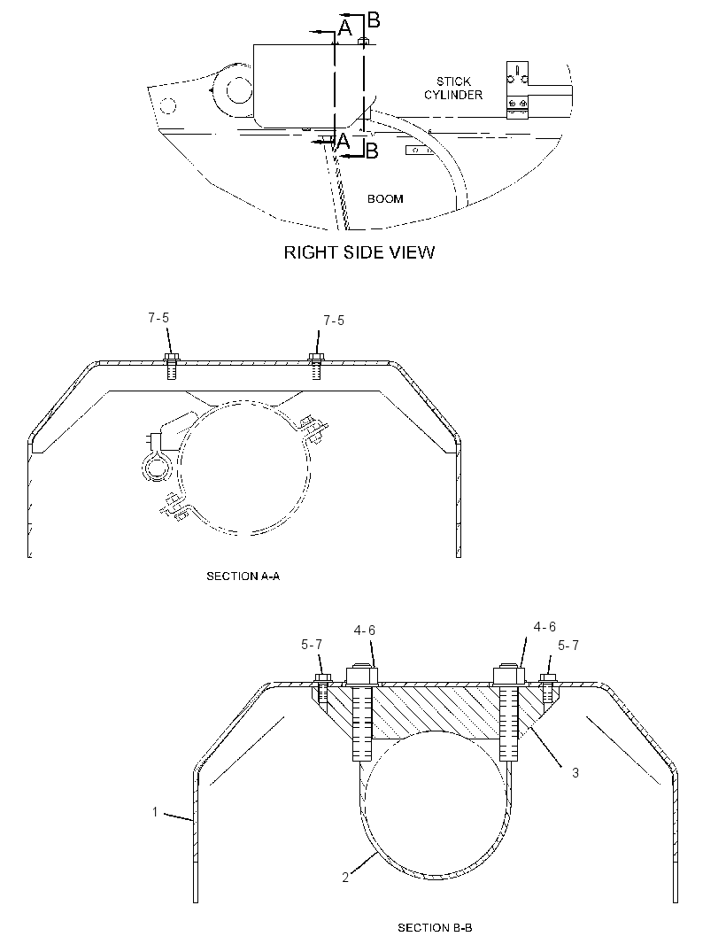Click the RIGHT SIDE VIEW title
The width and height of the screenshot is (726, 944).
pyautogui.click(x=359, y=252)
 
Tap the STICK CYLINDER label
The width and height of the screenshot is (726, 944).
pyautogui.click(x=453, y=88)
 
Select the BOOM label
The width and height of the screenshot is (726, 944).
pyautogui.click(x=385, y=198)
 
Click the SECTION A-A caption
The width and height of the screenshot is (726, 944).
pyautogui.click(x=243, y=576)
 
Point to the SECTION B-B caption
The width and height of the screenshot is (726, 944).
pyautogui.click(x=435, y=928)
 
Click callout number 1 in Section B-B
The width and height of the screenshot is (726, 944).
pyautogui.click(x=155, y=812)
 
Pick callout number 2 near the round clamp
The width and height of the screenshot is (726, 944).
pyautogui.click(x=345, y=878)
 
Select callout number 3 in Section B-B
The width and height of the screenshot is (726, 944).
pyautogui.click(x=575, y=772)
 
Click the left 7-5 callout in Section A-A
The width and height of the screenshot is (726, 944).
pyautogui.click(x=159, y=318)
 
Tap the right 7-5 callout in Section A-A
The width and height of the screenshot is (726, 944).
pyautogui.click(x=334, y=321)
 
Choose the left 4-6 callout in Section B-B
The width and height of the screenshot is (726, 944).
pyautogui.click(x=364, y=631)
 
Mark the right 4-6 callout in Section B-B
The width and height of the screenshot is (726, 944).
pyautogui.click(x=544, y=627)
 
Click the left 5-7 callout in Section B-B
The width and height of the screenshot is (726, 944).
pyautogui.click(x=312, y=645)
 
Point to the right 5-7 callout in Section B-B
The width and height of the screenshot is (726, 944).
pyautogui.click(x=568, y=646)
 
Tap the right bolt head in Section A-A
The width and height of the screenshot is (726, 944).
pyautogui.click(x=316, y=358)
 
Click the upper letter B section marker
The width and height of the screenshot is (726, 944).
pyautogui.click(x=374, y=20)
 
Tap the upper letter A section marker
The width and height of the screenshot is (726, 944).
pyautogui.click(x=344, y=27)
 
